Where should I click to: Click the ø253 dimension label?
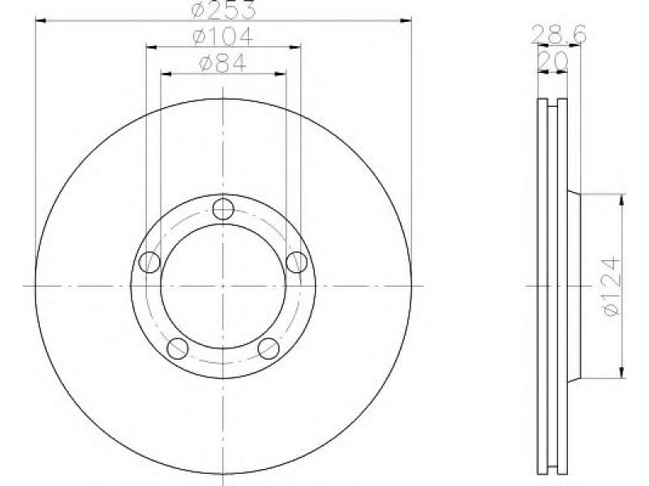(x=224, y=9)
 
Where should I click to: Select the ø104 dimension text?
(x=222, y=36)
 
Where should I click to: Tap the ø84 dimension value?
(x=222, y=63)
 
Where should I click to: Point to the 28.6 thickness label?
(x=559, y=35)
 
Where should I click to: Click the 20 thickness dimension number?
(x=553, y=62)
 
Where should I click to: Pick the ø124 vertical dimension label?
(x=612, y=286)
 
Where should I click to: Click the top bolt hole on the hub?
(x=223, y=209)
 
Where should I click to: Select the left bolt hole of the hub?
(x=149, y=262)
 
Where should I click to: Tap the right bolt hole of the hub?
(x=297, y=262)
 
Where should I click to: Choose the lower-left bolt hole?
(x=178, y=348)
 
